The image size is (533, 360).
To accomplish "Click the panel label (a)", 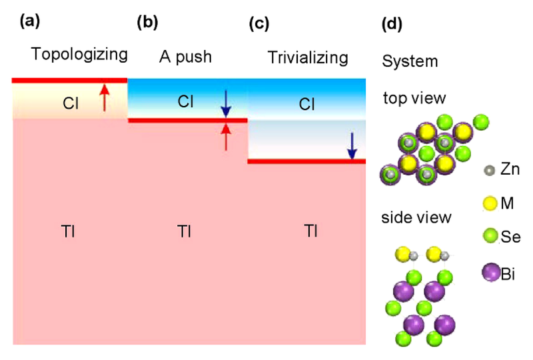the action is pos(30,21).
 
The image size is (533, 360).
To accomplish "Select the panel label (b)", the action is pos(147,23).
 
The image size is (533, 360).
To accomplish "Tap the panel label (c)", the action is pos(259,24).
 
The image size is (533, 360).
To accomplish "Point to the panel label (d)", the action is pos(392,24).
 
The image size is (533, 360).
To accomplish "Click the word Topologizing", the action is pos(79,55).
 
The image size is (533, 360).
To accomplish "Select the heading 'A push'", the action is pos(186,57).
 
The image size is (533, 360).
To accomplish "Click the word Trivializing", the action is pos(308,57).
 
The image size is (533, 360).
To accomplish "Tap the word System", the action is pos(410,61).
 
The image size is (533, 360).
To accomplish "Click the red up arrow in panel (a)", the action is pos(105,97).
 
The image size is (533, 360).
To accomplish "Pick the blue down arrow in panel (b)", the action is pos(226,104).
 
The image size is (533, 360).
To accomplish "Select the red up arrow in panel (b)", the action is pos(226,137).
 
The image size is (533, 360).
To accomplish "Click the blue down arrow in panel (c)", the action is pos(352,146).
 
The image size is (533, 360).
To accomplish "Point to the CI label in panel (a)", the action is pos(71,103).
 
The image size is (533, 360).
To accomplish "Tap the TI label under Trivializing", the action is pos(310,231).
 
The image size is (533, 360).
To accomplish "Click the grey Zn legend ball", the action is pos(489,170).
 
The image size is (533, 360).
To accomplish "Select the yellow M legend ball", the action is pos(490,203).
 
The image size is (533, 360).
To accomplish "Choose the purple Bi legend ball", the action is pos(491,272).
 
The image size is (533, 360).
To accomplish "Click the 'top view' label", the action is pos(414,98).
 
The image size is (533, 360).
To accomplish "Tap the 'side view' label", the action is pos(416,218).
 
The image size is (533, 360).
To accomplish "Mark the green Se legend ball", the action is pos(490,236).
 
